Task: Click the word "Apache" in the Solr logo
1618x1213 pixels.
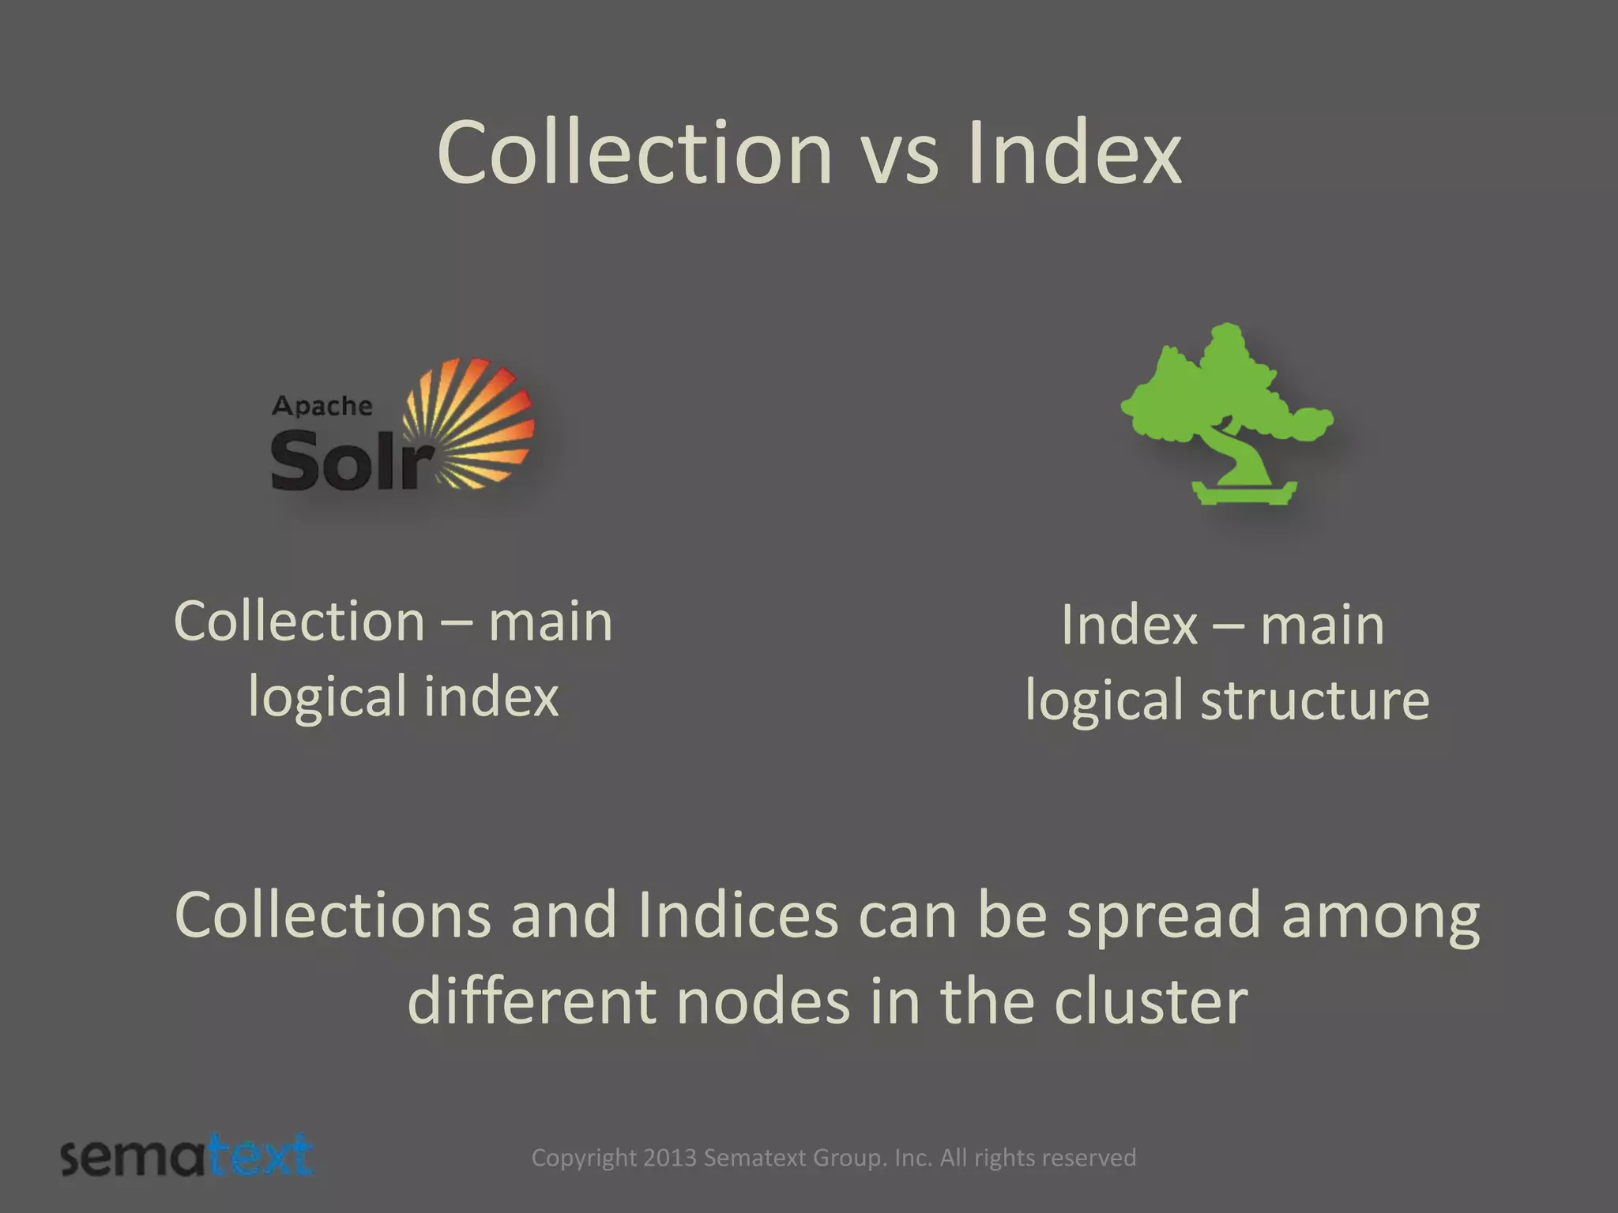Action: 322,406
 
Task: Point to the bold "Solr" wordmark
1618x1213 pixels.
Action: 352,461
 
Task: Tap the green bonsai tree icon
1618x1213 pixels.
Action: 1227,395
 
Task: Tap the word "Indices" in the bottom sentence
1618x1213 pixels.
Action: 738,915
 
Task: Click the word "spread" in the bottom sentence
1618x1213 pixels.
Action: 1164,915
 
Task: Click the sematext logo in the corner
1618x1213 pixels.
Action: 187,1157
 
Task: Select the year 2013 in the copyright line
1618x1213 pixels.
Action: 669,1158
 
